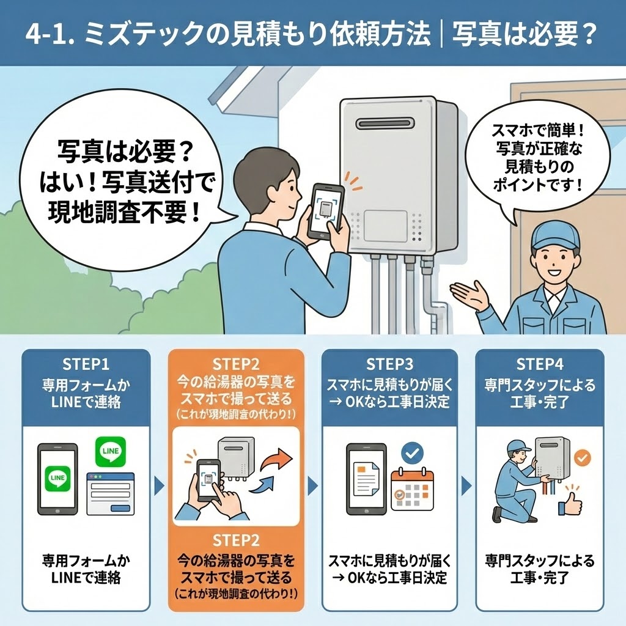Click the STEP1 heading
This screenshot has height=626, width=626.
[86, 364]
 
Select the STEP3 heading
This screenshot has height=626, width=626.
[389, 364]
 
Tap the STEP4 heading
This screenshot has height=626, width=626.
[540, 364]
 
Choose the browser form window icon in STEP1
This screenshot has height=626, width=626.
[111, 493]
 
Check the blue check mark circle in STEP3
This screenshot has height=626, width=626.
[412, 454]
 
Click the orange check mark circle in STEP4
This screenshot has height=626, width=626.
[583, 457]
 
